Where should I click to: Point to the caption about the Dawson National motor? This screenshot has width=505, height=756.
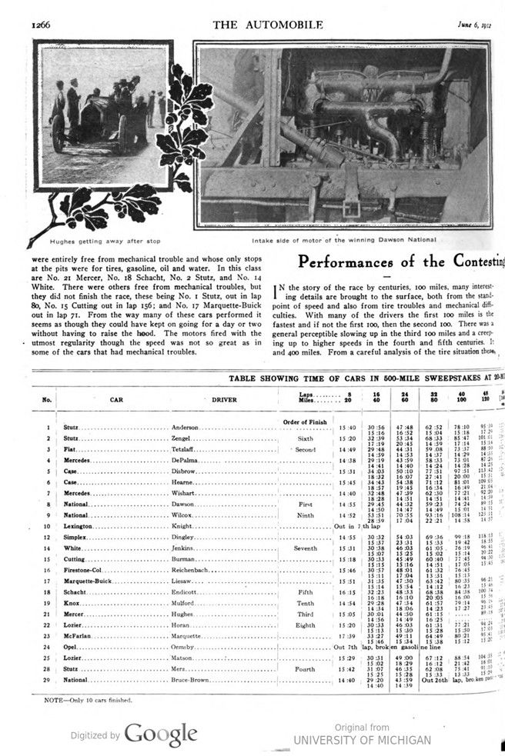pyautogui.click(x=339, y=241)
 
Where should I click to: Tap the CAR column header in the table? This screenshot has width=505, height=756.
pyautogui.click(x=116, y=400)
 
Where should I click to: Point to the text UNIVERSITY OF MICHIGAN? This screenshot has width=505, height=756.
pyautogui.click(x=363, y=740)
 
